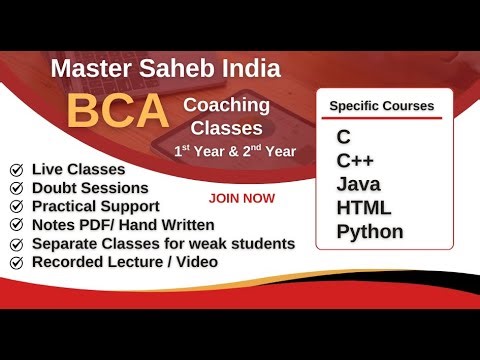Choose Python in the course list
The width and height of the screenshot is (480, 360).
coord(370,231)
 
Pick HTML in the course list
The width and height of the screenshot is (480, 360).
coord(364,207)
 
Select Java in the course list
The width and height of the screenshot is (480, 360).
coord(359,183)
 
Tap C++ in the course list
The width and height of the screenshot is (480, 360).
coord(353,159)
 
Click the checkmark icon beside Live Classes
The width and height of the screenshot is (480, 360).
coord(17,170)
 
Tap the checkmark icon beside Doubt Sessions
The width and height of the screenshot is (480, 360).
coord(17,188)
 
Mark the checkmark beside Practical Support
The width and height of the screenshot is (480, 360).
coord(17,206)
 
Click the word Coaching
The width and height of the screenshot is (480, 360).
coord(227,105)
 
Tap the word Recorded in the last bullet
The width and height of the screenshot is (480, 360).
coord(68,261)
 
